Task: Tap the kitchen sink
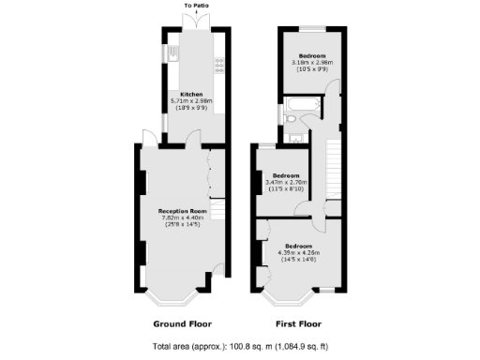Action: (x=175, y=54)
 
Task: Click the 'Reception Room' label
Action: (x=184, y=212)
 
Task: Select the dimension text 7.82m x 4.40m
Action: (x=184, y=218)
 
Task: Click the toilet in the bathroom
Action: (x=292, y=119)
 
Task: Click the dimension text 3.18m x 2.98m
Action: (x=311, y=61)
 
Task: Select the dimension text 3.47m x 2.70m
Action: (x=286, y=183)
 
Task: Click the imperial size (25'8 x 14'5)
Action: (x=184, y=225)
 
